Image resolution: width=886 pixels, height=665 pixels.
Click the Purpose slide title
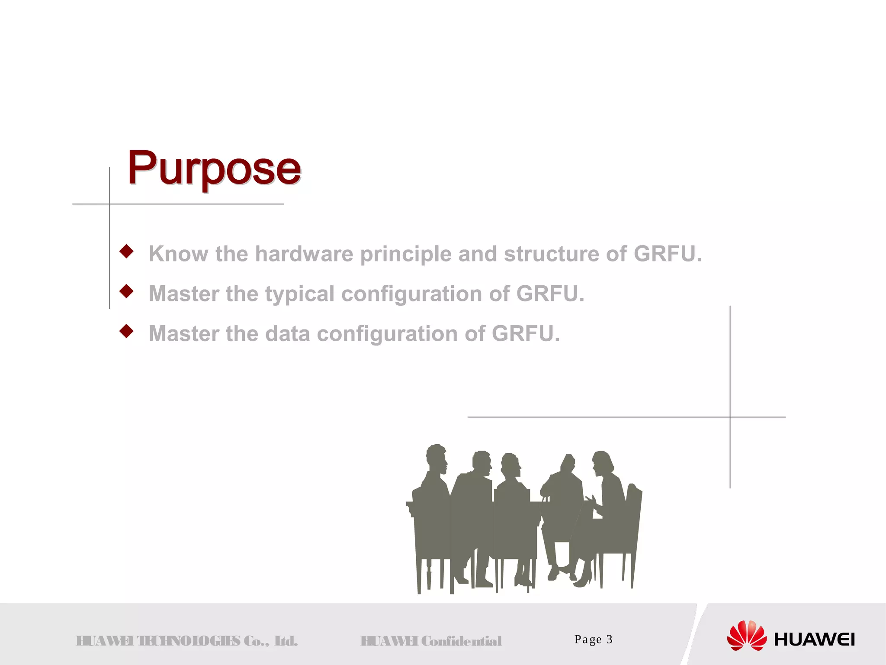(214, 169)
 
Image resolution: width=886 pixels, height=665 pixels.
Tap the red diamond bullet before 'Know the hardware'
(126, 251)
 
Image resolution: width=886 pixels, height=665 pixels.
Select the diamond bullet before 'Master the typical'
(126, 291)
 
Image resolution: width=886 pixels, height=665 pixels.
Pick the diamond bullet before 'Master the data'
(126, 331)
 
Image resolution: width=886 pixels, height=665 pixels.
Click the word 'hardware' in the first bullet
(304, 254)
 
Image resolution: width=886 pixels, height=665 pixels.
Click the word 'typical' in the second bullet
(300, 294)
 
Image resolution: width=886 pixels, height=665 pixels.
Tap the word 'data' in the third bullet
(287, 334)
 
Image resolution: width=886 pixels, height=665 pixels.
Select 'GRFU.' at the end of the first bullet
(668, 254)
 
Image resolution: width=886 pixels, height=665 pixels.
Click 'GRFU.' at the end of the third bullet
(526, 334)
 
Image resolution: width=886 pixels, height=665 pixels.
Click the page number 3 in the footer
(609, 639)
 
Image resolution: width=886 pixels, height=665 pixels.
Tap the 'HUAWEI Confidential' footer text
(431, 641)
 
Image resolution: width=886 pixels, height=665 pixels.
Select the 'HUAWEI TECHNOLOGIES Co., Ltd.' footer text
(187, 641)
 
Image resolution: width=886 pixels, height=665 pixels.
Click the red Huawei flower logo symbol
(747, 636)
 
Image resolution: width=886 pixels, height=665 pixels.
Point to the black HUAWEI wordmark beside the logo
(814, 639)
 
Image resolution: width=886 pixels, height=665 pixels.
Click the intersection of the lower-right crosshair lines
(730, 417)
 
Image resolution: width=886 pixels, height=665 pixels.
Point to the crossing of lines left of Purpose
(109, 204)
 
